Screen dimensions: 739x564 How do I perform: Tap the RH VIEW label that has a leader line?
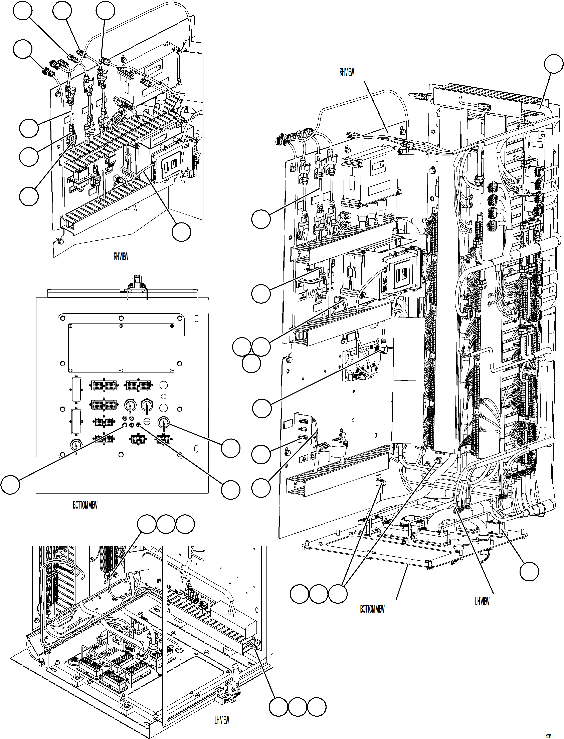346,72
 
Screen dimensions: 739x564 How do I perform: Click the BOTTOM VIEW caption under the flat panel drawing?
85,505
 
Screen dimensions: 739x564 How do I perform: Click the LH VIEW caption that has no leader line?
222,720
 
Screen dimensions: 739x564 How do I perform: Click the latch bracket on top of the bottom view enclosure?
137,283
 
